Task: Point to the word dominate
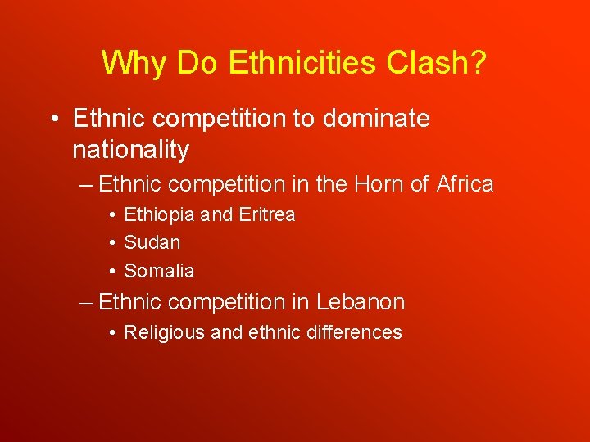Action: point(376,119)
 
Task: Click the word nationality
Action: point(130,150)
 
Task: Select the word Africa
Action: point(465,184)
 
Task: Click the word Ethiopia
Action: point(159,214)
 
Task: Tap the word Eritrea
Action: point(266,214)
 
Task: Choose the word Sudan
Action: point(152,242)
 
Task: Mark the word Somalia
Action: point(159,270)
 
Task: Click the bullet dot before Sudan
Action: point(111,243)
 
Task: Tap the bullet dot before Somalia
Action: point(111,271)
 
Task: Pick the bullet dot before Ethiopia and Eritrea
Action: point(111,215)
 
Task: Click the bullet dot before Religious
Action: point(111,333)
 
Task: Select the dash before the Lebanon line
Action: point(87,303)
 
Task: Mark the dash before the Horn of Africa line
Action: point(87,185)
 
